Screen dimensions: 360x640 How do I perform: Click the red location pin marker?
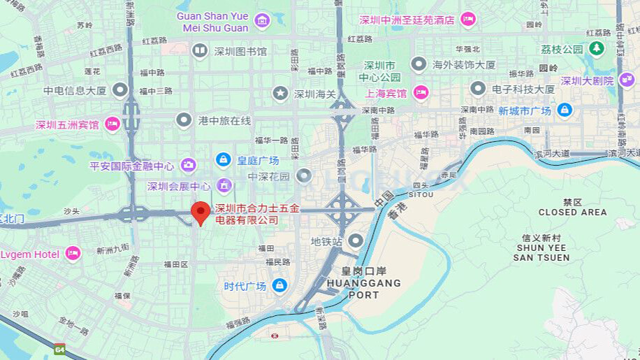(x=201, y=213)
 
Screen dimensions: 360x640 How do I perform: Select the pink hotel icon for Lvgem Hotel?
(x=73, y=254)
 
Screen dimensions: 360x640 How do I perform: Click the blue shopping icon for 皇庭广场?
(x=223, y=160)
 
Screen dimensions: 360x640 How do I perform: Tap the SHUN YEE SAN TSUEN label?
(x=541, y=252)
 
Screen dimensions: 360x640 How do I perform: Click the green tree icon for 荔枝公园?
(x=596, y=49)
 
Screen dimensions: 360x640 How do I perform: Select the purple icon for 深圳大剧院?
(x=626, y=80)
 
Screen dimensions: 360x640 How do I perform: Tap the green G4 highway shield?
(x=60, y=347)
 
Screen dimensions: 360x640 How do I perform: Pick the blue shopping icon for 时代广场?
(x=279, y=286)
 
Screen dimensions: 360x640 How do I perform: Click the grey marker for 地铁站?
(x=356, y=241)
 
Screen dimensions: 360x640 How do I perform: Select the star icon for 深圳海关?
(x=280, y=93)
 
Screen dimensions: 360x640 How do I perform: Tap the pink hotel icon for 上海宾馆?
(x=421, y=92)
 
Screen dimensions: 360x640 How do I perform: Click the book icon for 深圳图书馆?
(x=200, y=50)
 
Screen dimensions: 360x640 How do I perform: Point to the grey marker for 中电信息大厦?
(x=120, y=89)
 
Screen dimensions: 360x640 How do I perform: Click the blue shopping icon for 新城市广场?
(x=565, y=110)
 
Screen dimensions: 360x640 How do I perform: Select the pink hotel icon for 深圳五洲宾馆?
(x=112, y=124)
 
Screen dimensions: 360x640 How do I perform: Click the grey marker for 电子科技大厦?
(x=478, y=89)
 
